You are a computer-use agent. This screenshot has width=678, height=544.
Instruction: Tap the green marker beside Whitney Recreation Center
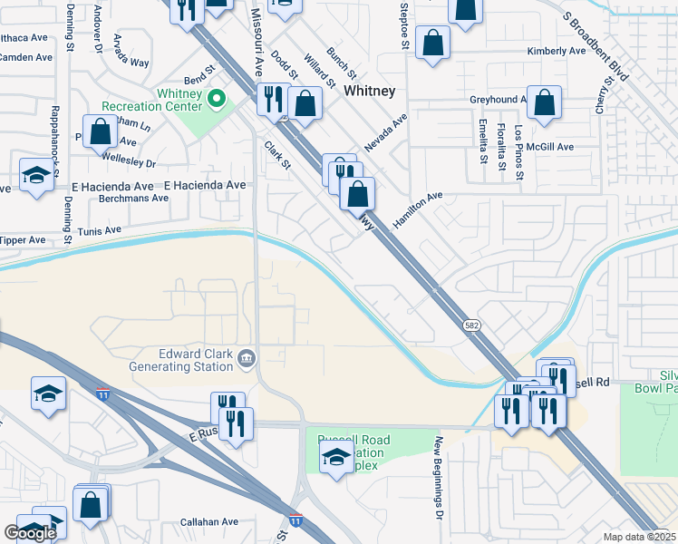point(217,98)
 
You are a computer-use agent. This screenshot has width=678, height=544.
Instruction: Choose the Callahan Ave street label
point(208,522)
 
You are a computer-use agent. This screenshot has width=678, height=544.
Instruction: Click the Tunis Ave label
point(100,231)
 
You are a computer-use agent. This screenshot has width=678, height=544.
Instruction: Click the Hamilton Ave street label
point(417,210)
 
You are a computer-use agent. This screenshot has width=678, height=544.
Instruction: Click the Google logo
point(30,533)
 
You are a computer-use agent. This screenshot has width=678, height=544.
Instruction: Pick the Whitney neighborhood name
point(369,91)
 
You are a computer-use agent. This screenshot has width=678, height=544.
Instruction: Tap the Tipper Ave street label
point(23,240)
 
